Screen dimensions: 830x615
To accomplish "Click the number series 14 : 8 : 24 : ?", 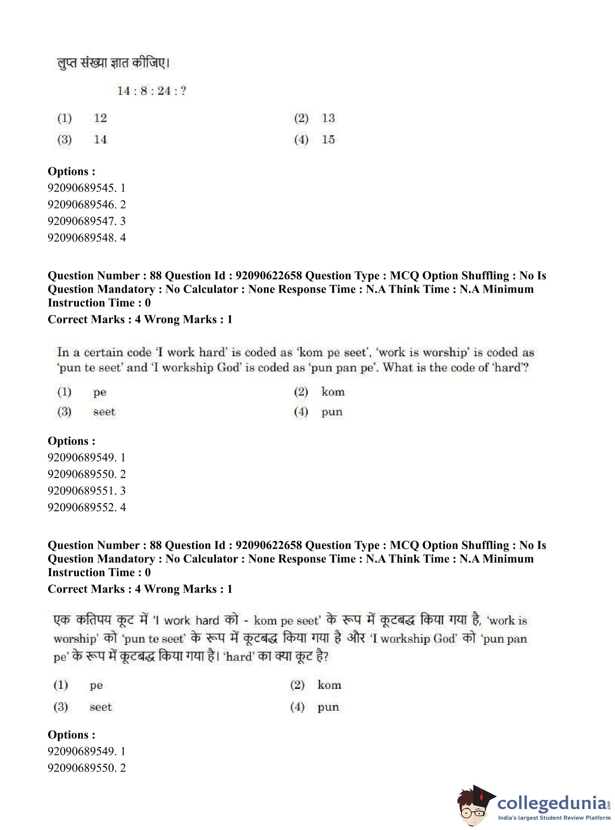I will click(151, 91).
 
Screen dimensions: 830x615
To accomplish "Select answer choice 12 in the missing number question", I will click(100, 118).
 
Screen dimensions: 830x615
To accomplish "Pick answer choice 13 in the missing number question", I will click(328, 118).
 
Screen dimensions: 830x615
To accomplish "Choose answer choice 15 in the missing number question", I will click(328, 139).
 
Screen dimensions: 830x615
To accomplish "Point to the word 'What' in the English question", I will click(397, 367).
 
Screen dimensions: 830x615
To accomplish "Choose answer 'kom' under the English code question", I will click(333, 392).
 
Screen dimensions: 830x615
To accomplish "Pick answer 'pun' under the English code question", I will click(332, 412).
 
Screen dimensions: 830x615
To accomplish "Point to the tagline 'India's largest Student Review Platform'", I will click(554, 818).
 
